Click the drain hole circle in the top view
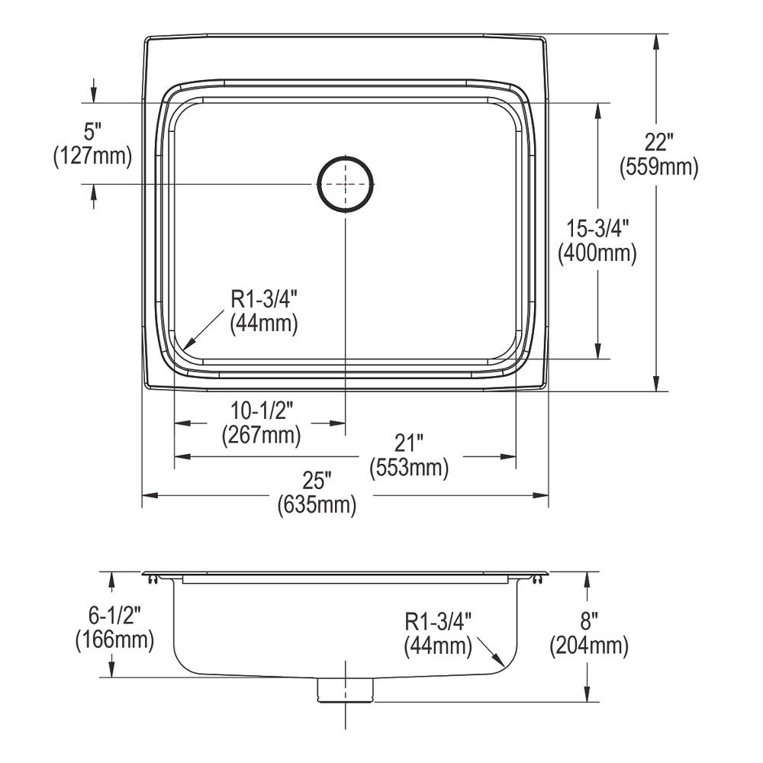pyautogui.click(x=346, y=184)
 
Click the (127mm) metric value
pyautogui.click(x=93, y=156)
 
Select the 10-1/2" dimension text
pyautogui.click(x=261, y=412)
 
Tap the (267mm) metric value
pyautogui.click(x=261, y=436)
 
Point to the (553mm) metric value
pyautogui.click(x=408, y=467)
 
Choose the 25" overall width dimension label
pyautogui.click(x=317, y=481)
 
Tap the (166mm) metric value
pyautogui.click(x=114, y=640)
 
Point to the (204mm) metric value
pyautogui.click(x=588, y=647)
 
